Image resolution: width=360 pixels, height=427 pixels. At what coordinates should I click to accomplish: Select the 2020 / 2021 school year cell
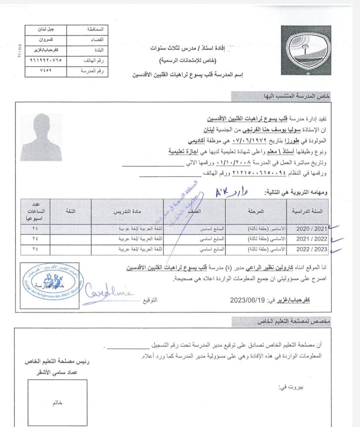tap(311, 229)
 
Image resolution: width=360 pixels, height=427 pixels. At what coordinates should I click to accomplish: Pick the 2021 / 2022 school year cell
tap(311, 239)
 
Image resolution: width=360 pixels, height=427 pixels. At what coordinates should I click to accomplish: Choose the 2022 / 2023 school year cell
tap(311, 249)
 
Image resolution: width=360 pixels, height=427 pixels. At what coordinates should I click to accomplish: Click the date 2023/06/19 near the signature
tap(247, 300)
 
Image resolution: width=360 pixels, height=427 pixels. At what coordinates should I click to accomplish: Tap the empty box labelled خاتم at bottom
tap(57, 403)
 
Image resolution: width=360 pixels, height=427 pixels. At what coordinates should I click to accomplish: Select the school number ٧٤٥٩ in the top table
tap(46, 71)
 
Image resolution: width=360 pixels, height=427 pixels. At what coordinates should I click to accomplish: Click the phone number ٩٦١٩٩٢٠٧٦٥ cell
tap(46, 60)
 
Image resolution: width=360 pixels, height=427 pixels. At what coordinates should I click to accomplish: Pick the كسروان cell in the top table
tap(46, 39)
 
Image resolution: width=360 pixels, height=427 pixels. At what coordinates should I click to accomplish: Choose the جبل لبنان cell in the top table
tap(46, 29)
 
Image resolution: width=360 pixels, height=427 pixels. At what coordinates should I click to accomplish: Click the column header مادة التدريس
tap(127, 211)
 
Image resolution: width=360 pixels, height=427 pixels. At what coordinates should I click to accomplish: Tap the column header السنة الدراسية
tap(307, 211)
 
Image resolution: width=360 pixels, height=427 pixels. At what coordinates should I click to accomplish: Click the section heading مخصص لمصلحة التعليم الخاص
tap(293, 322)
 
